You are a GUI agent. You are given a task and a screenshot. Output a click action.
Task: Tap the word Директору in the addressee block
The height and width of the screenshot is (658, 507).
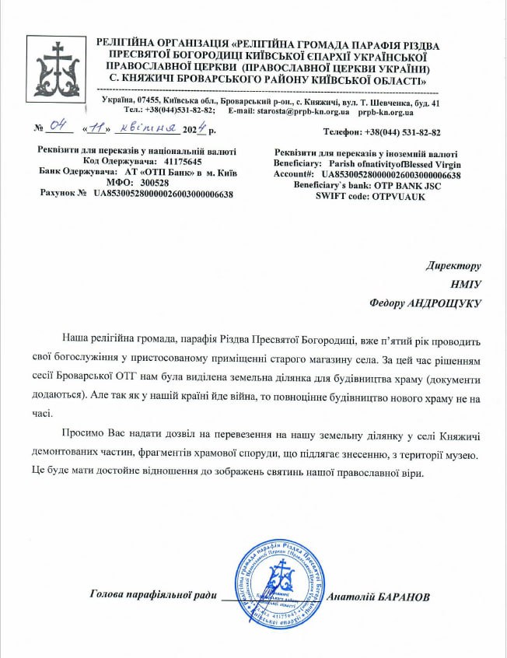pyautogui.click(x=453, y=265)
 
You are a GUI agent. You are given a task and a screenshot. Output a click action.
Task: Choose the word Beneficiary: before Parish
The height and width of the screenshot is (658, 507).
pyautogui.click(x=297, y=165)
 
